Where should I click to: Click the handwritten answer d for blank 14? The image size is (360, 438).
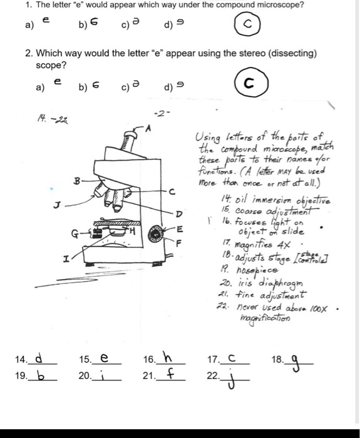tap(39, 360)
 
